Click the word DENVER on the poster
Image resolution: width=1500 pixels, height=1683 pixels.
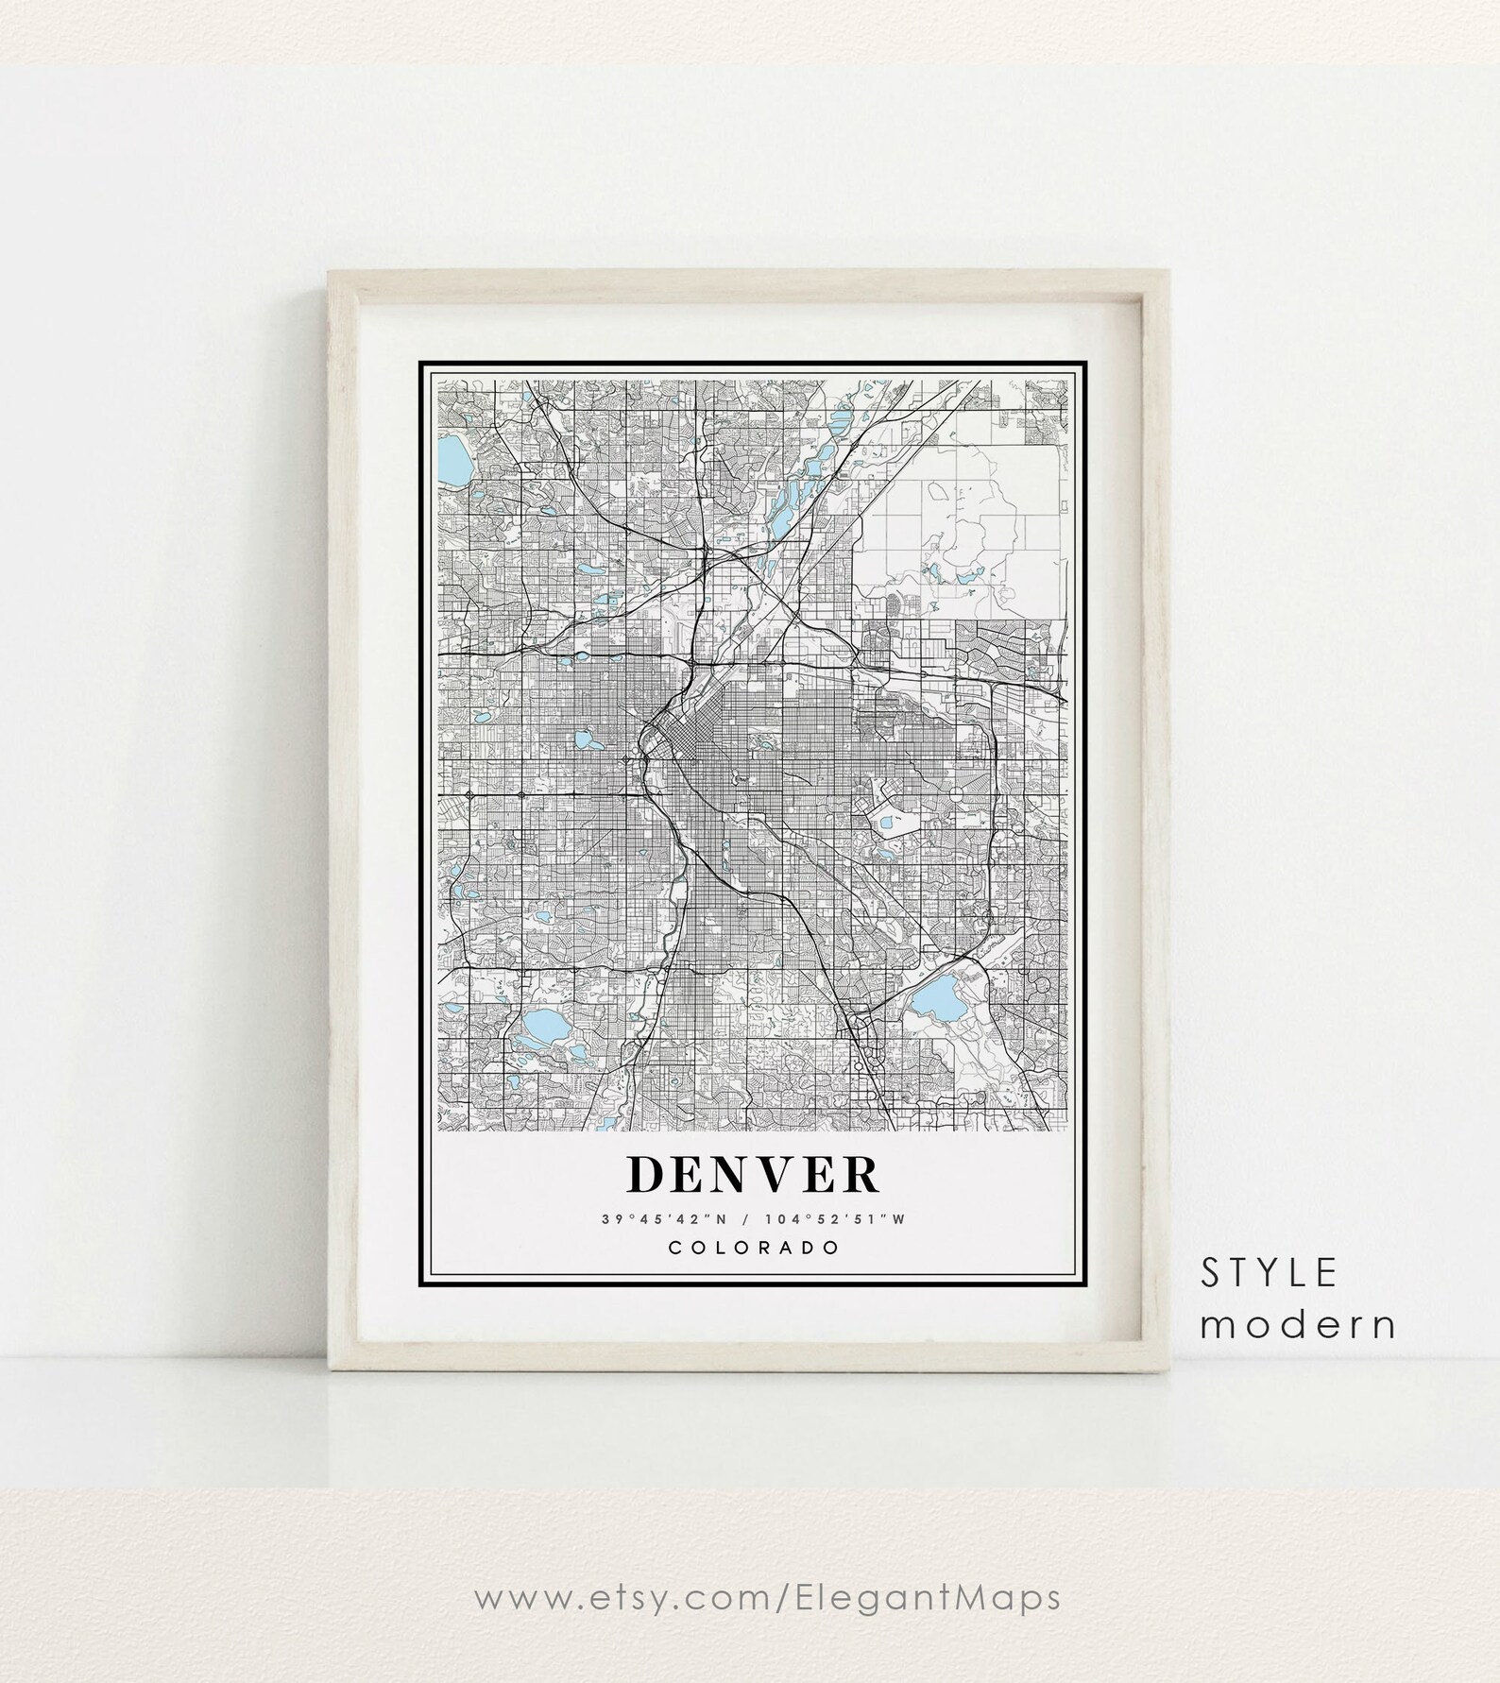[x=753, y=1174]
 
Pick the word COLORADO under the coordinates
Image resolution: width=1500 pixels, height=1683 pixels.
[x=753, y=1248]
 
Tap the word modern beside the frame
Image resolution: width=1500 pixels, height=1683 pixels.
[x=1299, y=1325]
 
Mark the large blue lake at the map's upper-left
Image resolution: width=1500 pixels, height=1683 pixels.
[x=454, y=461]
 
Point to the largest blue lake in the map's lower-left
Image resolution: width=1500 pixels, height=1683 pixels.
[x=540, y=1024]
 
